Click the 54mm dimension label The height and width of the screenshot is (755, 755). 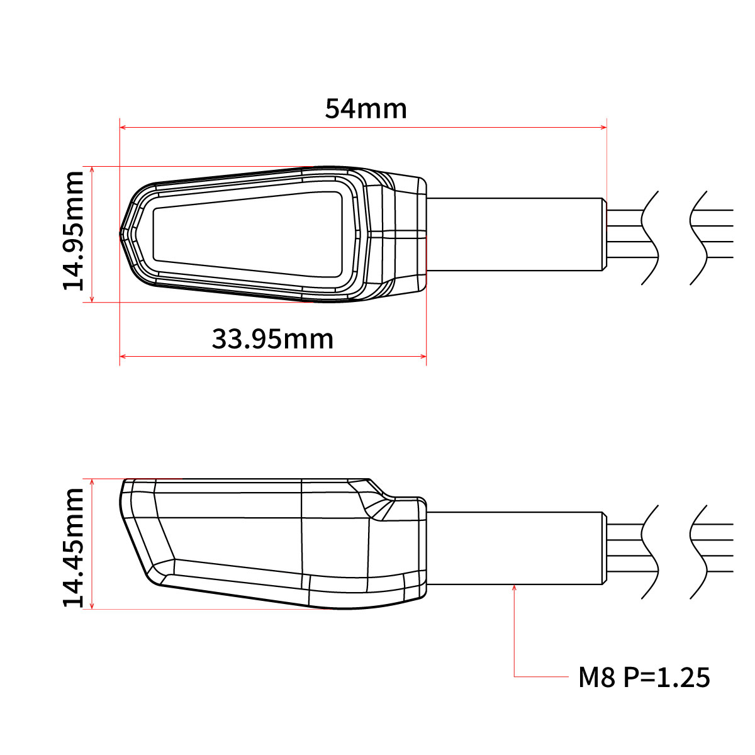point(366,109)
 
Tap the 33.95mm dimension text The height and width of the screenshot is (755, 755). point(272,339)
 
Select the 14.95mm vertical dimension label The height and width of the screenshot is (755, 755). point(74,230)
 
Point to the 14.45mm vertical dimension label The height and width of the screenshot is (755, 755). point(74,546)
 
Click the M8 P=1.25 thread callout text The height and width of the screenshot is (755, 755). point(644,678)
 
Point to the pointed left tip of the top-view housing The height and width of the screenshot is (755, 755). point(121,234)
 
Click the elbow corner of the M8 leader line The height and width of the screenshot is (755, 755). point(515,677)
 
